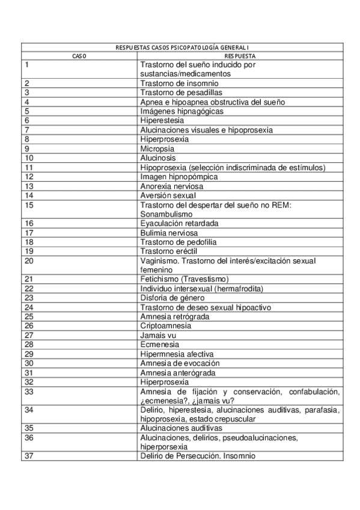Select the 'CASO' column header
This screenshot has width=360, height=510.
point(79,55)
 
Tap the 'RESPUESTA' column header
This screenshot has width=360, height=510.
point(240,55)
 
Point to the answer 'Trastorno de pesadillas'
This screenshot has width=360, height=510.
point(181,93)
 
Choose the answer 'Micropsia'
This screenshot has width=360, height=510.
point(157,149)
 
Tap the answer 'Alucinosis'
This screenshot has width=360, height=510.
point(158,158)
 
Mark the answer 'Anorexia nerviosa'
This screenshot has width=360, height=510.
point(171,186)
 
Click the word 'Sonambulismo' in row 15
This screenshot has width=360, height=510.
point(166,214)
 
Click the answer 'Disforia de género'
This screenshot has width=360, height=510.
point(173,297)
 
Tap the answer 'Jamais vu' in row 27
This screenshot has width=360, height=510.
point(154,335)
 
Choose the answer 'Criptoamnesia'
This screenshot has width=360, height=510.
point(166,325)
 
